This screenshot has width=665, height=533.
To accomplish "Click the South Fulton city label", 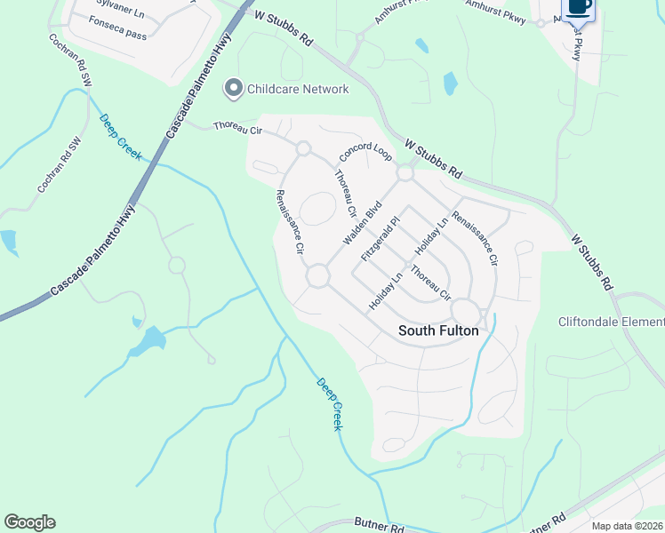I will coord(438,330).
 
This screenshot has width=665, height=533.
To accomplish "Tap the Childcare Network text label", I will coord(298,89).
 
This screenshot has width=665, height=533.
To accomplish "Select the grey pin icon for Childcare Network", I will coord(233,88).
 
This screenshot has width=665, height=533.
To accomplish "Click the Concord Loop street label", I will coord(365,153).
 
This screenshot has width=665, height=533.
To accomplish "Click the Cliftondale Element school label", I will coord(611,322).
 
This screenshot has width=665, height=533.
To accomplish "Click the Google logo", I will coord(29,522).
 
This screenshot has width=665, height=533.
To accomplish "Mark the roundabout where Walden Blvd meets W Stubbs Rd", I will coord(405,173).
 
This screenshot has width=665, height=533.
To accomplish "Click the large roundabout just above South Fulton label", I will coord(465,311).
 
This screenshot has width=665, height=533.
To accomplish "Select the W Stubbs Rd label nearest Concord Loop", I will coord(434,157).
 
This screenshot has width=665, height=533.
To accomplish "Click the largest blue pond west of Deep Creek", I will coord(149,339).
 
